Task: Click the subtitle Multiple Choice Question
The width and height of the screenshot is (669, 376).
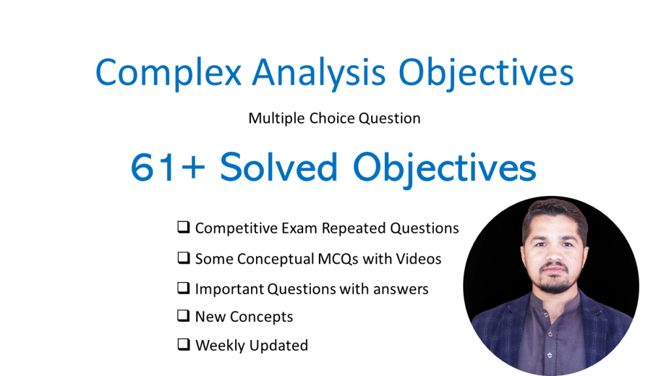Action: (334, 118)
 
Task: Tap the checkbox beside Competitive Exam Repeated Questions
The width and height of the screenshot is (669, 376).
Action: (184, 228)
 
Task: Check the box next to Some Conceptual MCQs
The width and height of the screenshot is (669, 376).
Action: (184, 258)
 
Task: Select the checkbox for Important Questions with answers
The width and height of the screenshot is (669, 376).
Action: (184, 288)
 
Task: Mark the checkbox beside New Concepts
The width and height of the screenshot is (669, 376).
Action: (184, 316)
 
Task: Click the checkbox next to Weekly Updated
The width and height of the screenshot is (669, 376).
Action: (184, 345)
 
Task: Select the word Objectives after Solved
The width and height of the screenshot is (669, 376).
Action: (445, 168)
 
